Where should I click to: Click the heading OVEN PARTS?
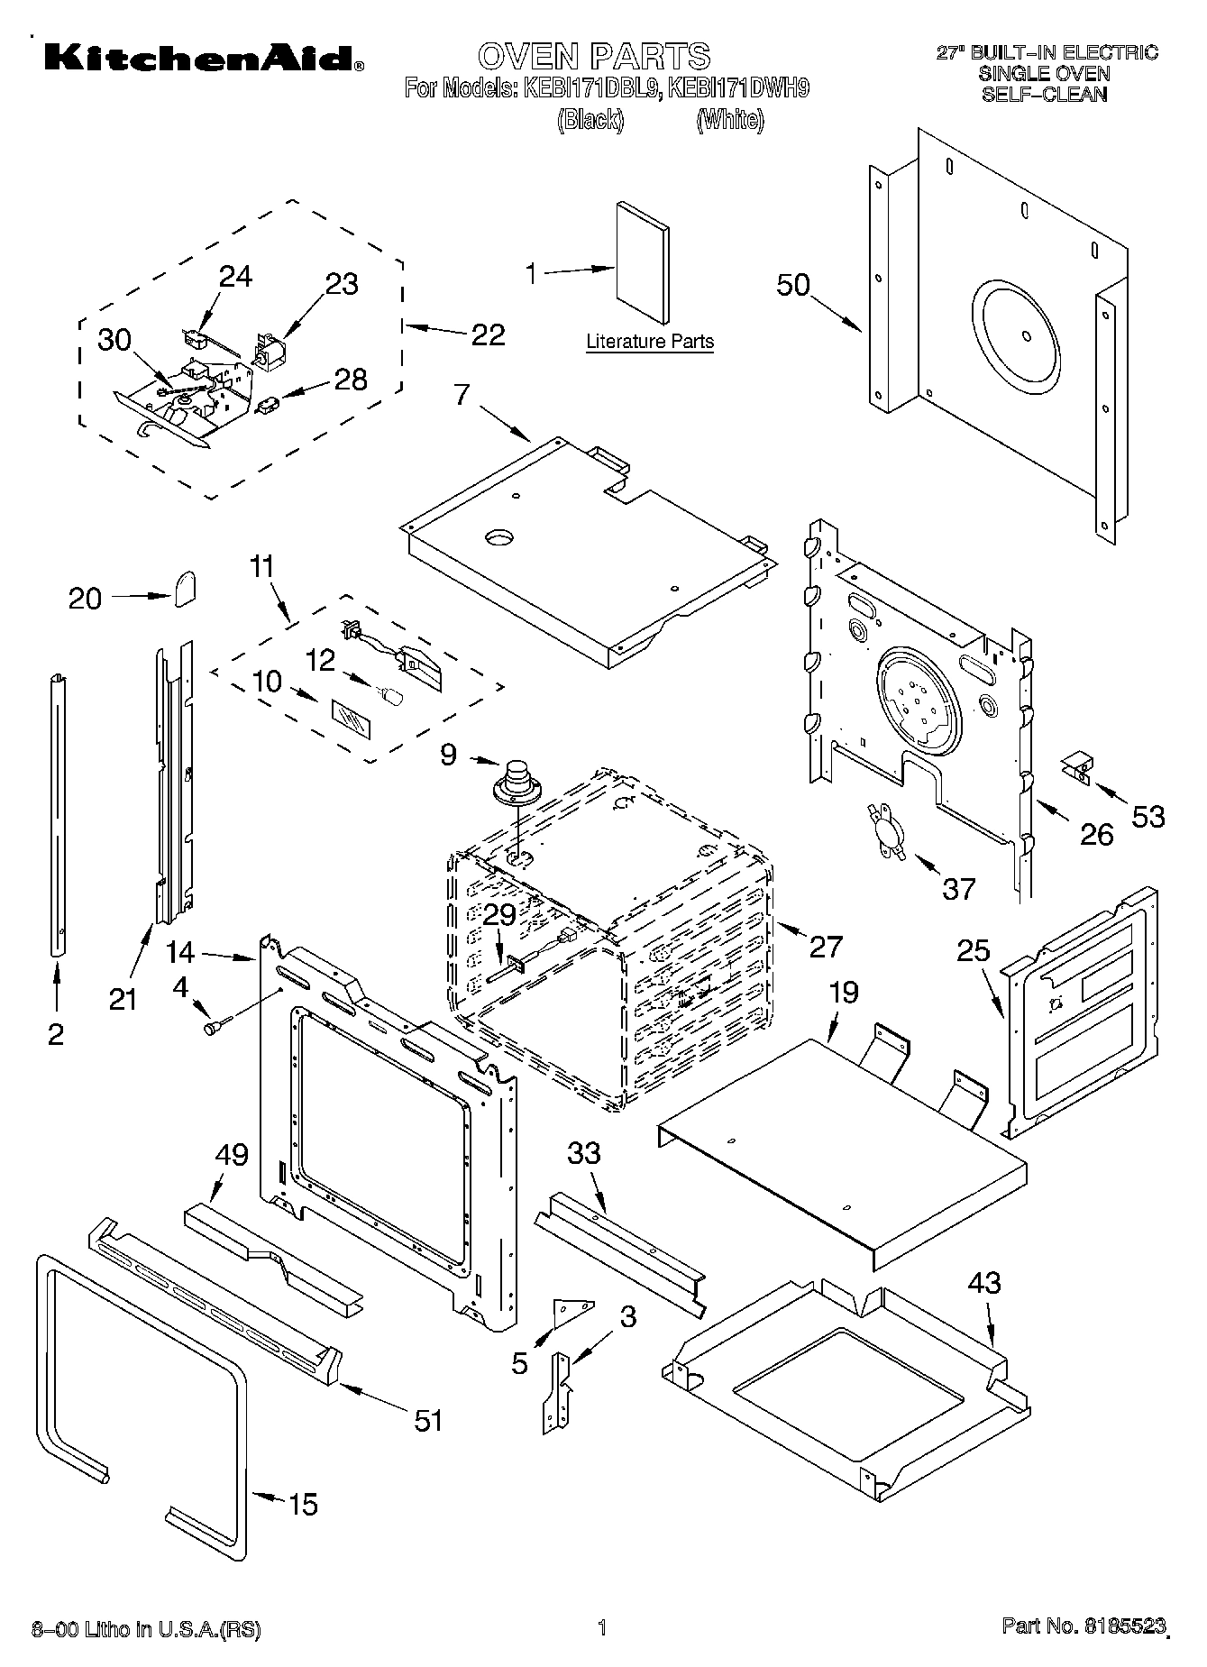[x=593, y=56]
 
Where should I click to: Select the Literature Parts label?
[x=649, y=342]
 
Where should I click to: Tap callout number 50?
[x=793, y=285]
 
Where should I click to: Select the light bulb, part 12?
[x=391, y=695]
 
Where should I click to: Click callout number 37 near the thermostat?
[x=958, y=888]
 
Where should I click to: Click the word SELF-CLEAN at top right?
[x=1044, y=94]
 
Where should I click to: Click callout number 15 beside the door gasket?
[x=303, y=1504]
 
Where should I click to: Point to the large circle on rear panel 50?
[x=1026, y=335]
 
